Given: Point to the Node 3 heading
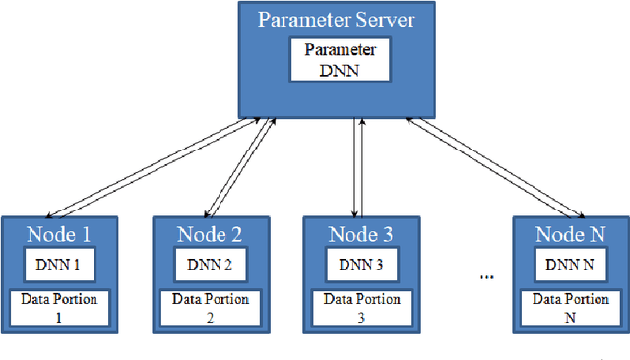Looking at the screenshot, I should click(x=359, y=234).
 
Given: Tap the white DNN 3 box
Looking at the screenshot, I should click(x=358, y=264).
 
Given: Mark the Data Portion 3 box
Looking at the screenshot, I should click(x=358, y=307).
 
